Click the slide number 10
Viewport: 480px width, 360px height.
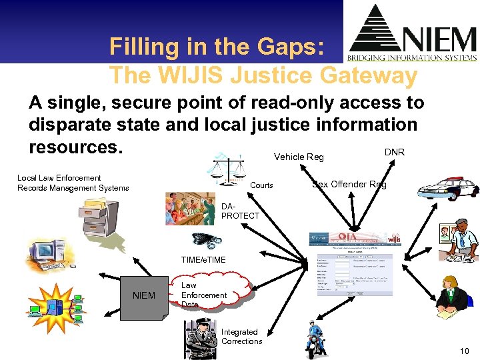click(x=464, y=351)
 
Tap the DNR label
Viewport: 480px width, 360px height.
click(x=395, y=152)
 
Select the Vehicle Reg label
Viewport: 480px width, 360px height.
click(x=299, y=157)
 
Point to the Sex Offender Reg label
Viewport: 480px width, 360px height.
click(x=349, y=184)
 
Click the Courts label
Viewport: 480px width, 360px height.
click(x=261, y=185)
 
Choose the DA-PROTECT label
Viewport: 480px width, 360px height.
click(x=240, y=211)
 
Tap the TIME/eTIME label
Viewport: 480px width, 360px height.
click(x=203, y=260)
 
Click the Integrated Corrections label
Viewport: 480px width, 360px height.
click(x=241, y=337)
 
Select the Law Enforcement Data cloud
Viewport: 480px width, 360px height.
click(x=203, y=295)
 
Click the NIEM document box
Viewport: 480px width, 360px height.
click(x=144, y=295)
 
